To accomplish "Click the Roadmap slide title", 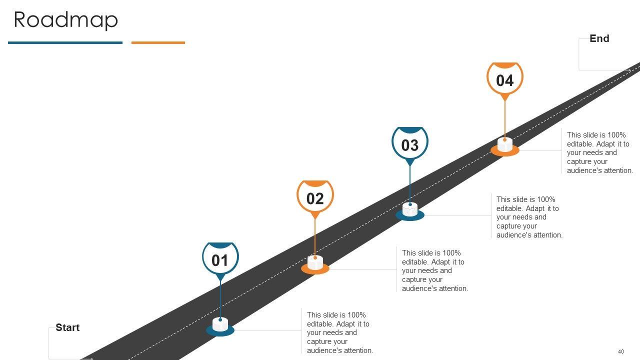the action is tap(65, 20).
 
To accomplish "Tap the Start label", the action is tap(67, 327).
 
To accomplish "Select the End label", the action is tap(599, 38).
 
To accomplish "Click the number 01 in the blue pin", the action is tap(220, 260).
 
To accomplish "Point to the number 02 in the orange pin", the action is tap(315, 199).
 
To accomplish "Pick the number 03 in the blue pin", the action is tap(410, 145).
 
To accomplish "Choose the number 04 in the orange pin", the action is tap(505, 80).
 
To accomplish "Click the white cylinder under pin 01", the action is tap(220, 324).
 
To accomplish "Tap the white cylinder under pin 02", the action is tap(315, 263).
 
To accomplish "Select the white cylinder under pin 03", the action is tap(410, 209).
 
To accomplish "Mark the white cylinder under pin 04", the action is tap(505, 145).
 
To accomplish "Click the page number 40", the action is tap(621, 351).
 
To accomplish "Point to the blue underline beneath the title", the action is tap(65, 43).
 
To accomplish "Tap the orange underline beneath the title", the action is tap(158, 43).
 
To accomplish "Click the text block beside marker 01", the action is tap(340, 332).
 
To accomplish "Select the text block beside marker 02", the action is tap(435, 270).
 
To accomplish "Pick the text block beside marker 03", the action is tap(529, 217).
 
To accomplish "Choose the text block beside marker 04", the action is tap(600, 152).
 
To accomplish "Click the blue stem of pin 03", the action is tap(410, 182).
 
